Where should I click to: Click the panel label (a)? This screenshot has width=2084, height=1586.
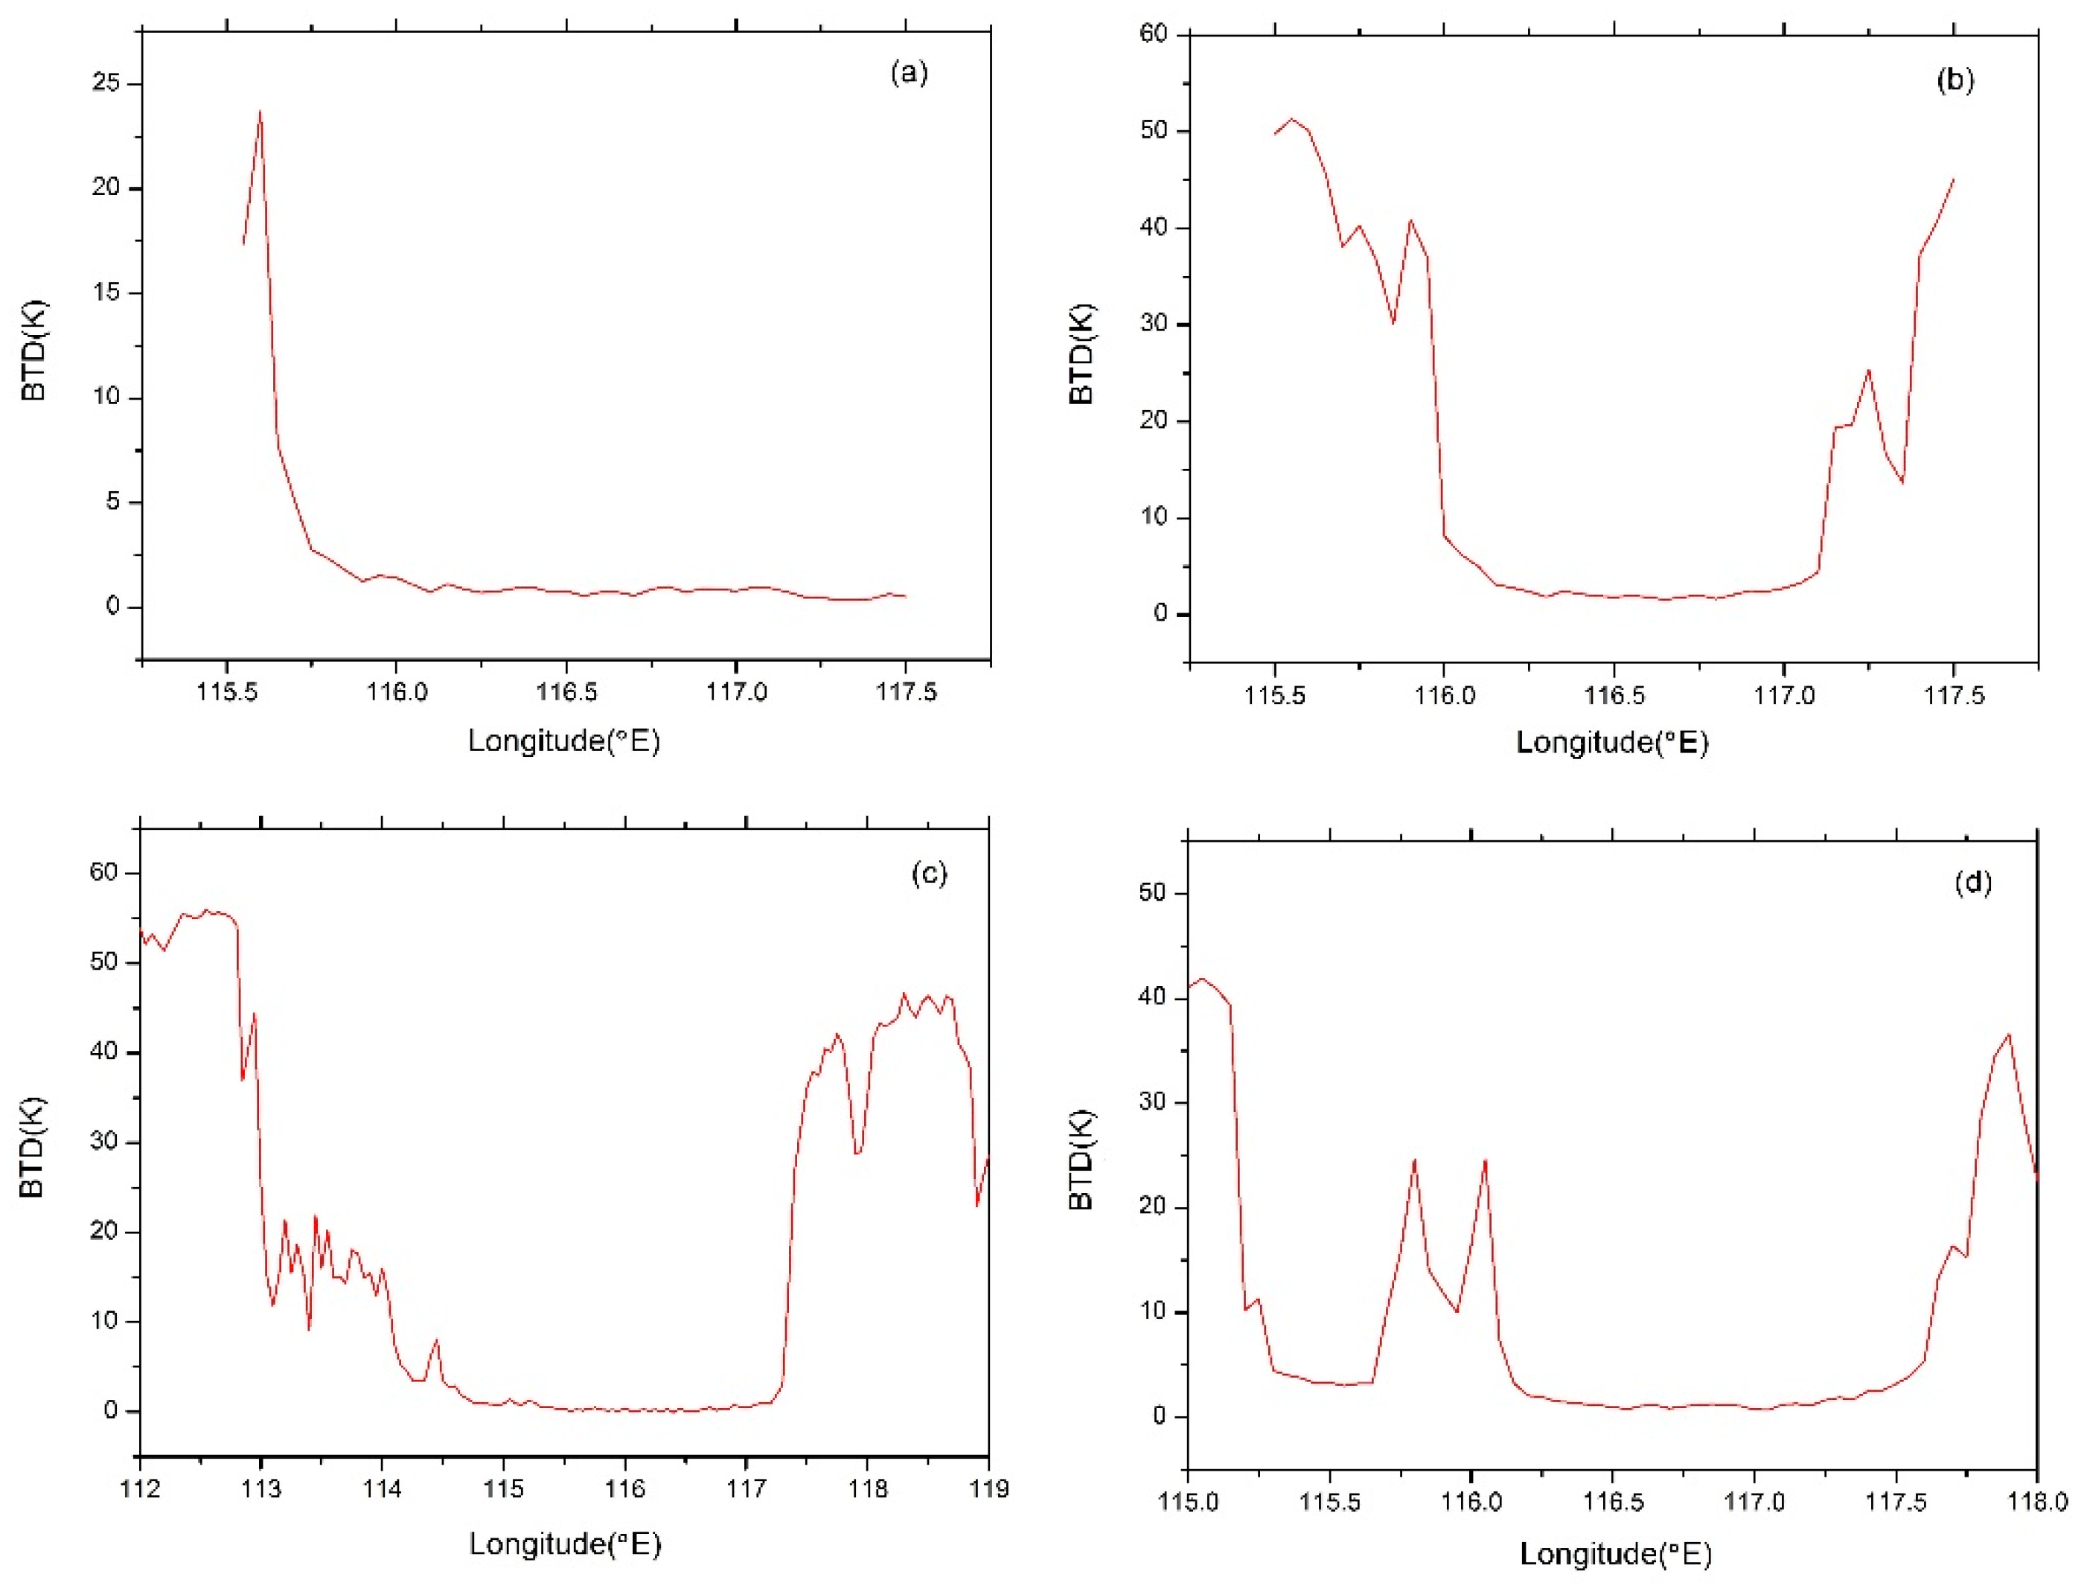(909, 73)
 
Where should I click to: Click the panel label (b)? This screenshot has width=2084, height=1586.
(1954, 80)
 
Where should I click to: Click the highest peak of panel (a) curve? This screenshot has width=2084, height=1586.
(260, 112)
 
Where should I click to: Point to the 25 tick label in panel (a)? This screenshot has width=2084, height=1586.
(106, 84)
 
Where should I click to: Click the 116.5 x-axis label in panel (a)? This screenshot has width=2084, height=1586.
(566, 692)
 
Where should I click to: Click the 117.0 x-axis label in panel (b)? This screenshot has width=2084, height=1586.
(1784, 696)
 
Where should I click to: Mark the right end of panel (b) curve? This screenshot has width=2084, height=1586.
(1953, 179)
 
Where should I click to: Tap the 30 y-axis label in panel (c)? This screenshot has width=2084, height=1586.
(103, 1142)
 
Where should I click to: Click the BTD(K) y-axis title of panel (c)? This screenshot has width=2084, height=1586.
(32, 1148)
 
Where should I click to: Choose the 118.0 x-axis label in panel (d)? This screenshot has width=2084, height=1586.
(2038, 1502)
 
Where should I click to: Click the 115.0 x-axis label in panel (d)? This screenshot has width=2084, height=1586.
(1189, 1502)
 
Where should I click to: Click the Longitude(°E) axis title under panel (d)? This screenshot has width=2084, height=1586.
(1615, 1554)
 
